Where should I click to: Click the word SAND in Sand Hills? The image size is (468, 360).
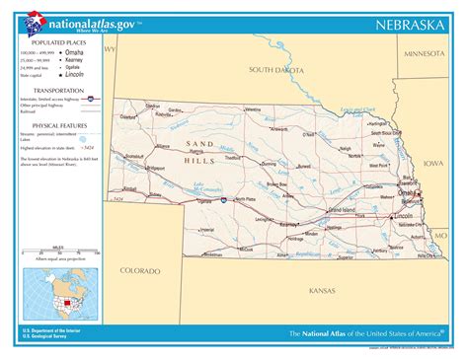pos(197,144)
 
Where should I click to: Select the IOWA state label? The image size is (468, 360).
pos(432,163)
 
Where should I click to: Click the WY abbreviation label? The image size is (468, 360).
pos(111,48)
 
